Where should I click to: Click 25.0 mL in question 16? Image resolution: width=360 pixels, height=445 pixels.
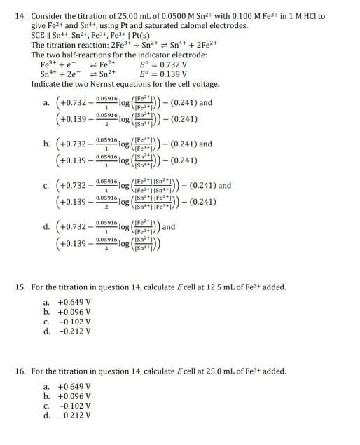[x=195, y=371]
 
